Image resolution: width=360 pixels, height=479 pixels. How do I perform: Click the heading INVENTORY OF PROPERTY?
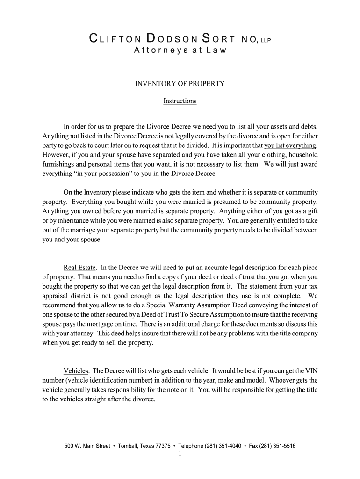pyautogui.click(x=180, y=84)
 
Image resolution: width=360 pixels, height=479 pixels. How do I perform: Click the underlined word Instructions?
pyautogui.click(x=180, y=101)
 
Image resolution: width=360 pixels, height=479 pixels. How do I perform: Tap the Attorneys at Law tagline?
pyautogui.click(x=180, y=50)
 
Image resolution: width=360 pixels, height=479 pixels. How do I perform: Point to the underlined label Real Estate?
pyautogui.click(x=80, y=268)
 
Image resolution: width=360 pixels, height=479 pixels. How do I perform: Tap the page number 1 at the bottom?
pyautogui.click(x=180, y=454)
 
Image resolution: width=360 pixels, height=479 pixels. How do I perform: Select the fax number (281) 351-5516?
pyautogui.click(x=274, y=446)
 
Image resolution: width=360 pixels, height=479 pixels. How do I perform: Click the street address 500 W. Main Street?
pyautogui.click(x=87, y=446)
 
